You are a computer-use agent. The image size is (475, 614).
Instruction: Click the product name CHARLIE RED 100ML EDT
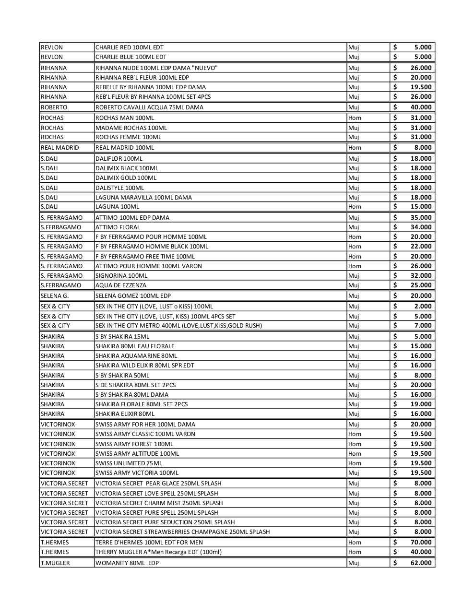tap(129, 47)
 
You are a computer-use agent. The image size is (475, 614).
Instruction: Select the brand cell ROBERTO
tap(54, 107)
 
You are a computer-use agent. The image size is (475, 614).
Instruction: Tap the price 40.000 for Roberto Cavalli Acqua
tap(421, 107)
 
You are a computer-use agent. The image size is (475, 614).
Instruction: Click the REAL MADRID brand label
tap(59, 147)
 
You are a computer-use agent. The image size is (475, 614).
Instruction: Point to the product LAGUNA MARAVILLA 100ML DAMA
tap(143, 197)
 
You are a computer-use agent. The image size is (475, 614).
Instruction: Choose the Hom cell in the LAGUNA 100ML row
tap(355, 207)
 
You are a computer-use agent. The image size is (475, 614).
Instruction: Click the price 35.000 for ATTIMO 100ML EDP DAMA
tap(421, 217)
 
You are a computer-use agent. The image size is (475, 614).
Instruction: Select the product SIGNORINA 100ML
tap(121, 275)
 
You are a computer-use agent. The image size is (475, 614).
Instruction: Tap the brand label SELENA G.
tap(54, 295)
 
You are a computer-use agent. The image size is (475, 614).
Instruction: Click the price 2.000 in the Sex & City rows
tap(423, 306)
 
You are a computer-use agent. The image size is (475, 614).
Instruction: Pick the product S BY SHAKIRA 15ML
tap(122, 336)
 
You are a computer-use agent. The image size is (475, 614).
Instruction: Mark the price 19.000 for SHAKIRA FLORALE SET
tap(421, 404)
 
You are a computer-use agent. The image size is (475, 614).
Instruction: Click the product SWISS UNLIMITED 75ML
tap(129, 463)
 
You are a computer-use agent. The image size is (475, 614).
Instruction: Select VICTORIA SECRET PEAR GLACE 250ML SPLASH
tap(158, 483)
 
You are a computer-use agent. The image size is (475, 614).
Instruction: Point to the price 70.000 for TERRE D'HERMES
tap(421, 542)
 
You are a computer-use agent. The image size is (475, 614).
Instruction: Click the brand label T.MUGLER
tap(55, 563)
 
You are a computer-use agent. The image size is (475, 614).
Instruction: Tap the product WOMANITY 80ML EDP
tap(127, 563)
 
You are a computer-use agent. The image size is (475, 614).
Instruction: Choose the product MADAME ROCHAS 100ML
tap(131, 128)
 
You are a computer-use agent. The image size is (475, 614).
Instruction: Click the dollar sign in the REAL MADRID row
tap(395, 147)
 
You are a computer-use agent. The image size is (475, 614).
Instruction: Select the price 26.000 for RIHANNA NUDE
tap(421, 68)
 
